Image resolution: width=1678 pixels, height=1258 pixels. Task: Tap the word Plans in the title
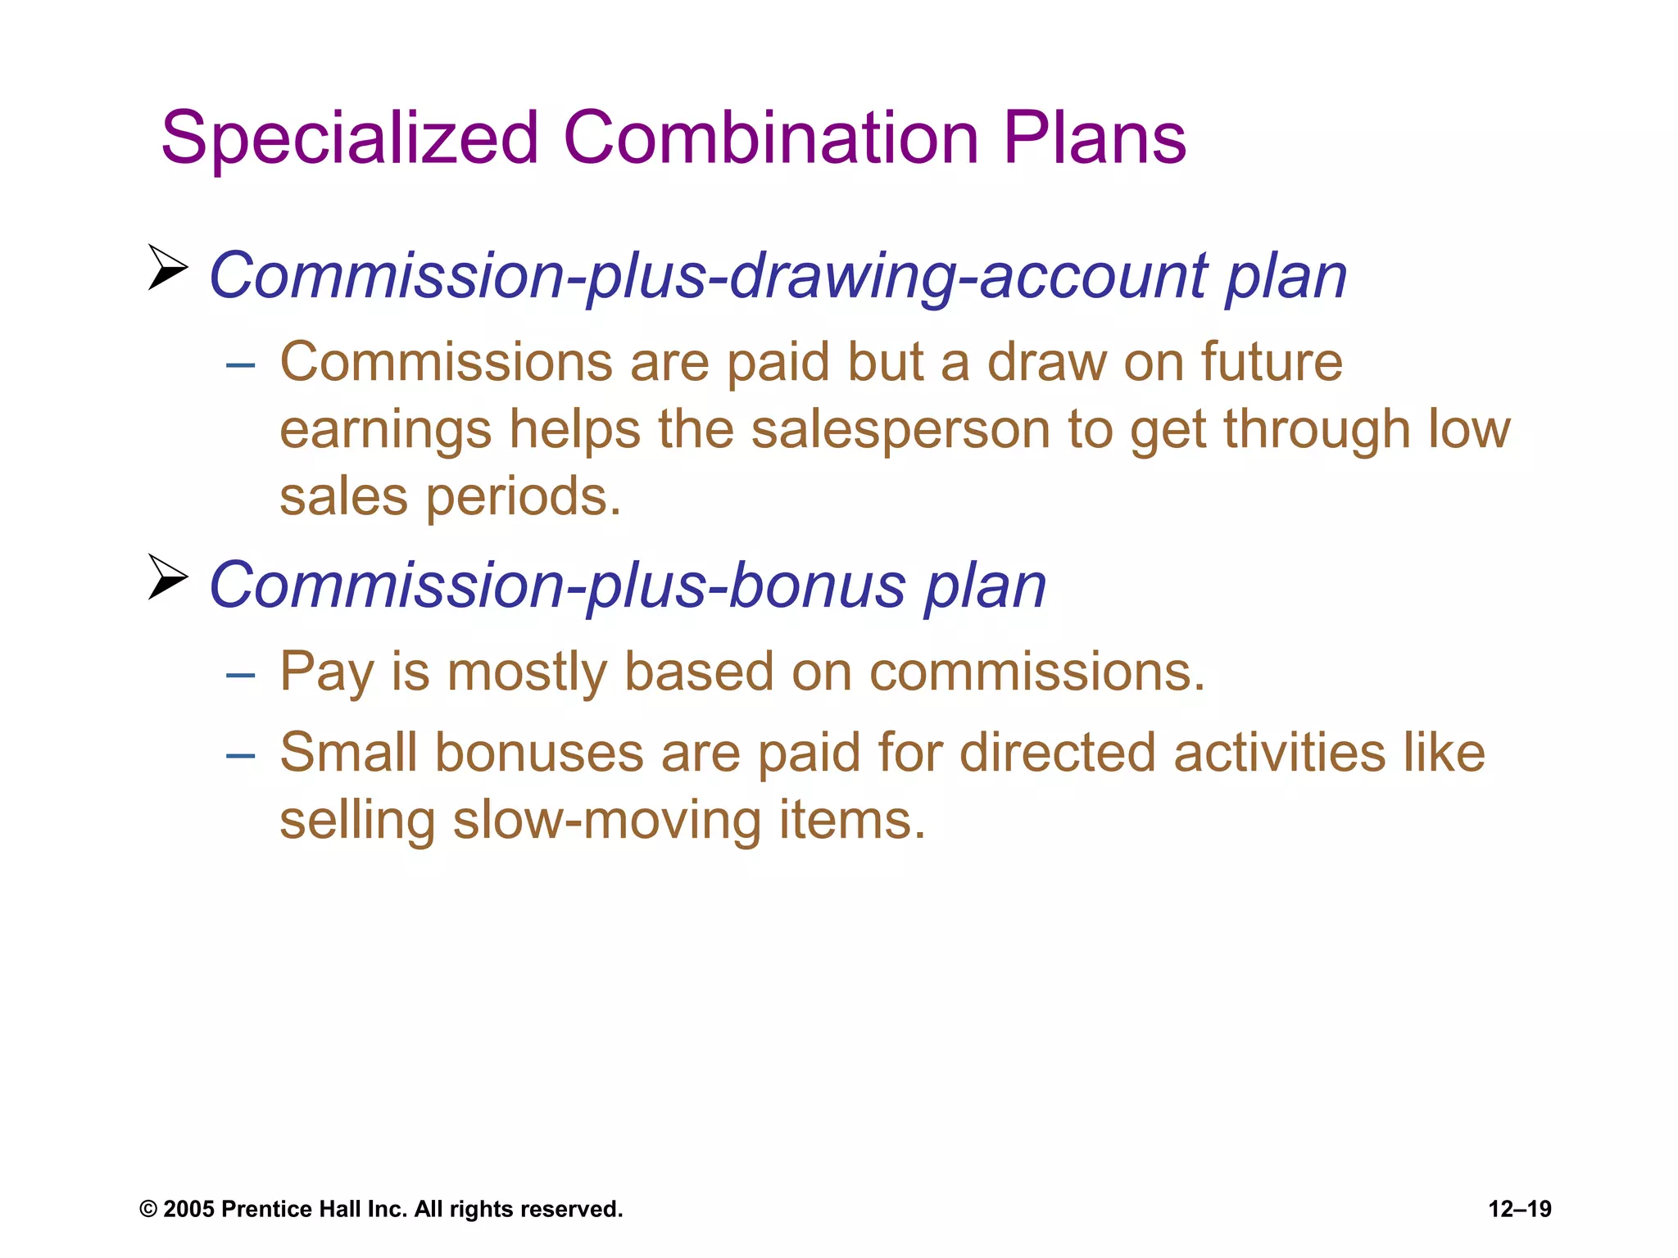(x=1095, y=138)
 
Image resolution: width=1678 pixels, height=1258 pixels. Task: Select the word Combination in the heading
(x=770, y=138)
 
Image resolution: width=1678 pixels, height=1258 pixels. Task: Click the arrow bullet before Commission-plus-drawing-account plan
(x=168, y=267)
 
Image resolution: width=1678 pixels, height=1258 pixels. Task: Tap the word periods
(x=524, y=498)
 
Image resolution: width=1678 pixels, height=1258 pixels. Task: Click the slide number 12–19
(x=1520, y=1209)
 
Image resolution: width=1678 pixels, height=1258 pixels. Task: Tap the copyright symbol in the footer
(x=148, y=1210)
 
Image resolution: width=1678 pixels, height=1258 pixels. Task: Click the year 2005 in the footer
(x=188, y=1209)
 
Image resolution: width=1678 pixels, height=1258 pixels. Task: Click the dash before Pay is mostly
(x=241, y=675)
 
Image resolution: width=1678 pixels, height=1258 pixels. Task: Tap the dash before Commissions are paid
(x=241, y=364)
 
